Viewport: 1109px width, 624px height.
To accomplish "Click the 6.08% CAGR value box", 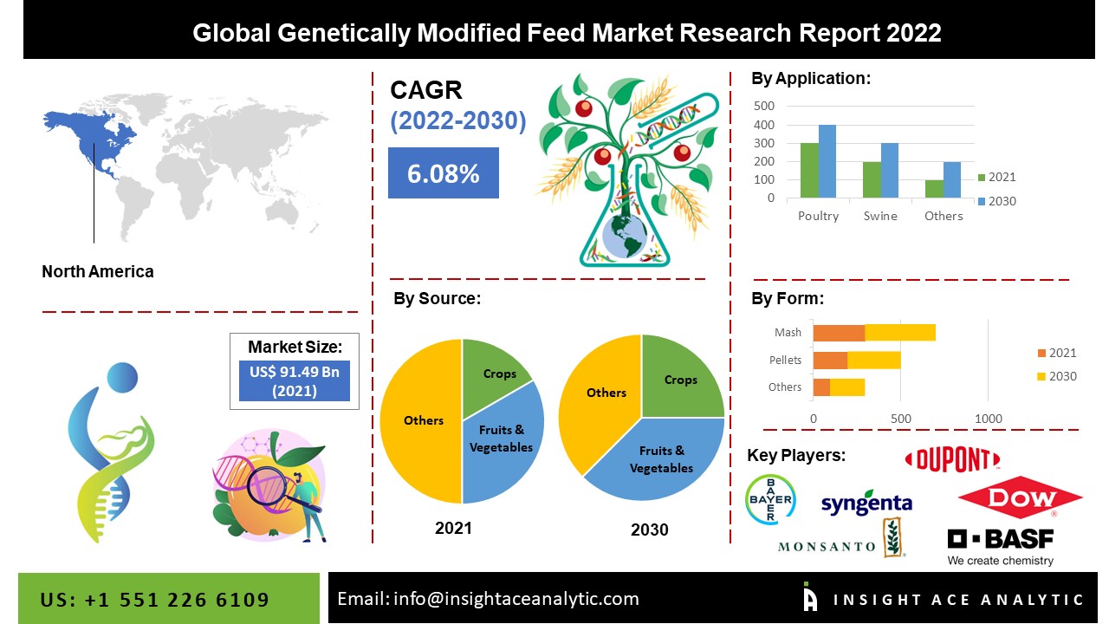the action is point(443,172).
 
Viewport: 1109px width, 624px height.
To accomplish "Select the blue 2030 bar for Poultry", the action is point(827,161).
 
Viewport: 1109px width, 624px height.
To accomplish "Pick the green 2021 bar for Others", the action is point(934,189).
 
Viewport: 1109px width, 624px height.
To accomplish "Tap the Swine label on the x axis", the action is point(880,216).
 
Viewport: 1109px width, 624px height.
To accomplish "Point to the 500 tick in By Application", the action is point(764,106).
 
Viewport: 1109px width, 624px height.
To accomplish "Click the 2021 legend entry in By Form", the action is point(1056,353).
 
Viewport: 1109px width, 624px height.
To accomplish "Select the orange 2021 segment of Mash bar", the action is point(840,333).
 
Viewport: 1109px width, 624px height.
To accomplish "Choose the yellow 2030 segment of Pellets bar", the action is point(874,360).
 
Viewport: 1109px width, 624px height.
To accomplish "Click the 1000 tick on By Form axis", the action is point(989,419).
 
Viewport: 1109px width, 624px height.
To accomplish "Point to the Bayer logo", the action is point(770,499).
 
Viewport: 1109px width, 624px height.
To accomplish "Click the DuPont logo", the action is point(952,459).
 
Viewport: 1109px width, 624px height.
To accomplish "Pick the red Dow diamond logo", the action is point(1021,497).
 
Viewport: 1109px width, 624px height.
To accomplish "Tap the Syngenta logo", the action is point(866,503).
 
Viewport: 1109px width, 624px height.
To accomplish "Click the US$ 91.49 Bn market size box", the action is point(295,380).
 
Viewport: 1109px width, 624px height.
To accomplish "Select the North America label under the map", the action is point(98,271).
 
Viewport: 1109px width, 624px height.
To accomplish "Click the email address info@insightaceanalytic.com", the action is point(516,599).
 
